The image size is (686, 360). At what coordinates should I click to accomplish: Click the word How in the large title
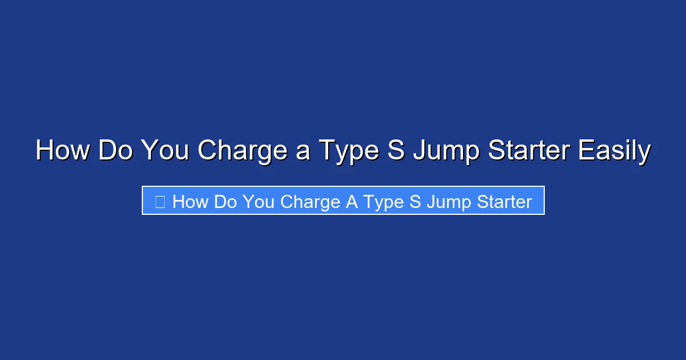[63, 151]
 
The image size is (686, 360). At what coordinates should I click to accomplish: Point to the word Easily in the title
[614, 151]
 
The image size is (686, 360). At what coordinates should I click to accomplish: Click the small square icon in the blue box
[160, 201]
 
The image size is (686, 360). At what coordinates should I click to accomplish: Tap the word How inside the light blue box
[190, 201]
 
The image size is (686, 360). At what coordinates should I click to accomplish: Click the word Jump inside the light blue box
[447, 201]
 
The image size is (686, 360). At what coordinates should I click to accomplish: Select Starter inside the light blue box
[503, 201]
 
